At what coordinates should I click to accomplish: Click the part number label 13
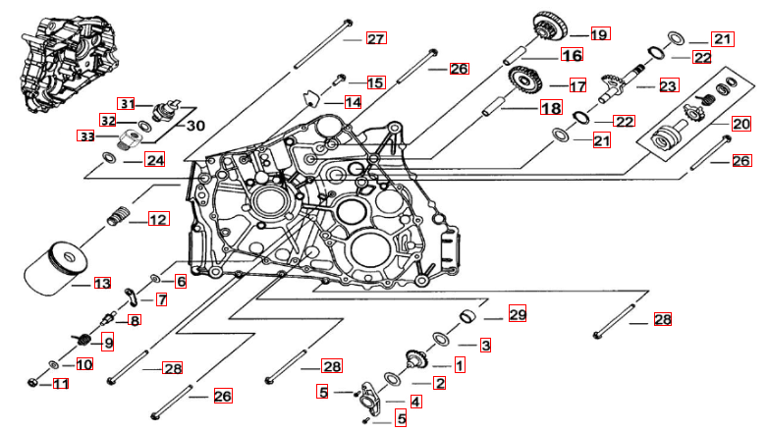click(102, 284)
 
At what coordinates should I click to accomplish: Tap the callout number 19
click(599, 33)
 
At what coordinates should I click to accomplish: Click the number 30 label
click(195, 125)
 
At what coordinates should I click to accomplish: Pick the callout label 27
click(376, 39)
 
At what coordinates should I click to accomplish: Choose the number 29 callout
click(518, 315)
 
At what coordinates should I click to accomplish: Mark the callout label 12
click(158, 220)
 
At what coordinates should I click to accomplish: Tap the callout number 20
click(741, 125)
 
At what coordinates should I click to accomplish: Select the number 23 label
click(668, 86)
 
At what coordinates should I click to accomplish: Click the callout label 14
click(352, 102)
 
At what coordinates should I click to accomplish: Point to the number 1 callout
click(459, 364)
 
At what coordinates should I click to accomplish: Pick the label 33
click(86, 136)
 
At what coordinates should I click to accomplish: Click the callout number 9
click(107, 343)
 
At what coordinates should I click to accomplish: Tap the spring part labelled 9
click(83, 340)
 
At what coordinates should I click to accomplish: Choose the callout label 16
click(572, 55)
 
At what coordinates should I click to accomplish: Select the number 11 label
click(61, 384)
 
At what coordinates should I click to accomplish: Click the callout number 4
click(415, 402)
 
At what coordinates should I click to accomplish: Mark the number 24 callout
click(155, 159)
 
